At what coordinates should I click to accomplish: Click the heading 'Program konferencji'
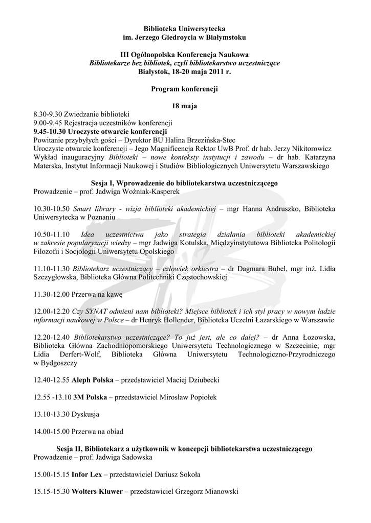[185, 89]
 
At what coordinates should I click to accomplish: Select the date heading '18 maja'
[185, 106]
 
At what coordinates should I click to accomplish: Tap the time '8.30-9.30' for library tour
[48, 114]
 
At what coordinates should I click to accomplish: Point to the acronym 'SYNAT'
[97, 312]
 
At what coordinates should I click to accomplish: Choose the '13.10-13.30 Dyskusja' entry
[66, 414]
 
